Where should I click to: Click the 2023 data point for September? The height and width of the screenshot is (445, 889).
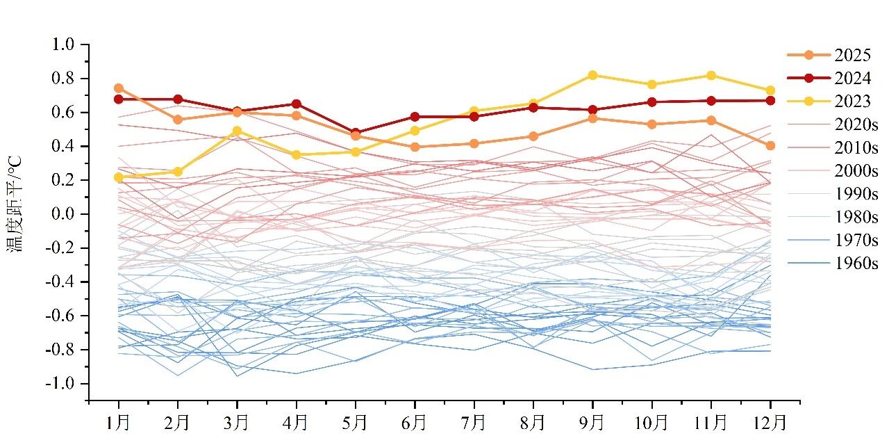click(592, 75)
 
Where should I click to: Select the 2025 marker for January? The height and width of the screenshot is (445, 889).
click(119, 88)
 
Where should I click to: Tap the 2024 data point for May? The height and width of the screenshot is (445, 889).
click(356, 132)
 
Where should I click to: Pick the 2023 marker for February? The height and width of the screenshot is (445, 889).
click(178, 172)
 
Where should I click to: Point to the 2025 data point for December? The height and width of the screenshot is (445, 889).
click(770, 145)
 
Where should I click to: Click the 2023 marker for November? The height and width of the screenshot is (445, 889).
click(711, 75)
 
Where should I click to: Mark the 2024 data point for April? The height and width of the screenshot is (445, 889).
click(297, 104)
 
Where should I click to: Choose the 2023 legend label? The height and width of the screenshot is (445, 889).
click(853, 102)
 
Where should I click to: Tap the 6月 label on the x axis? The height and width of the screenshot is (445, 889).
click(415, 422)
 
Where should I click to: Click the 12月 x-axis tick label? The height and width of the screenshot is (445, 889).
click(770, 422)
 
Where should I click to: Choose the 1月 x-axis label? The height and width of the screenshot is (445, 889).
click(119, 422)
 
